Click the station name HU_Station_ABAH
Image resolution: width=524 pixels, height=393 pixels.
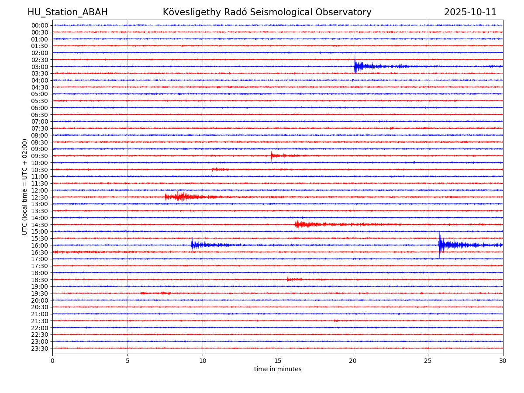[67, 12]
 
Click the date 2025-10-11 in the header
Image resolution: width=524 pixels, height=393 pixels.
[470, 12]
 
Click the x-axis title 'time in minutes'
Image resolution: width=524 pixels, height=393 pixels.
[278, 369]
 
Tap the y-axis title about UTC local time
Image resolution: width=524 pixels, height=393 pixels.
[25, 186]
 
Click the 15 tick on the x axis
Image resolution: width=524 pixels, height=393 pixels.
[278, 361]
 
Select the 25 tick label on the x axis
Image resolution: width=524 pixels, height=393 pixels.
[428, 361]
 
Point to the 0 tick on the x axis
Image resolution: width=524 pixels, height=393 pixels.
[52, 361]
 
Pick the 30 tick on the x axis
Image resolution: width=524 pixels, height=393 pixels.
[503, 361]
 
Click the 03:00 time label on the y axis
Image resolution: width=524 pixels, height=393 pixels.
[40, 66]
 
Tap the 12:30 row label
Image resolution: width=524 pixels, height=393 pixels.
[40, 197]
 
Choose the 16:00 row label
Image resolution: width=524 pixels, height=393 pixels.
[40, 245]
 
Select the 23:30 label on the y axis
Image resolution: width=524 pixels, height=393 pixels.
[40, 348]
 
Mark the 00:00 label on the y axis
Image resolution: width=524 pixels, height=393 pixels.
[40, 25]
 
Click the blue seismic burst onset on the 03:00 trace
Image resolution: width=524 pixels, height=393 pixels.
[355, 66]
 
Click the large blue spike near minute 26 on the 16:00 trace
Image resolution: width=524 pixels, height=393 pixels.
[440, 245]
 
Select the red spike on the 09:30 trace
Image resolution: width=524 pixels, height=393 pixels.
[272, 155]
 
